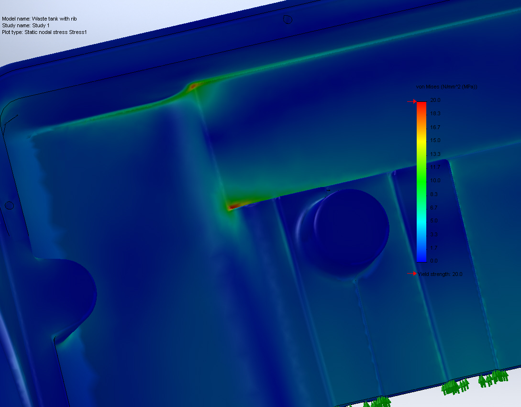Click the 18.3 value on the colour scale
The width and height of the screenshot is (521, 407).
[x=435, y=113]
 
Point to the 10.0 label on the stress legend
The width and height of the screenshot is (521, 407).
[x=435, y=180]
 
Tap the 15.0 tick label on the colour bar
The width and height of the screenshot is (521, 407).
[x=435, y=140]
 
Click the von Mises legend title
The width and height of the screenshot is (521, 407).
[x=446, y=87]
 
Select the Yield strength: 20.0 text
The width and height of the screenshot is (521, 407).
[x=440, y=274]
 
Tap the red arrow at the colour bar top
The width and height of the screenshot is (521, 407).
[x=411, y=101]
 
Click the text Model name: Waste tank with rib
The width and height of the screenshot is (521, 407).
[x=39, y=19]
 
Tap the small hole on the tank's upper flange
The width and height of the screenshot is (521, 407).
[x=288, y=20]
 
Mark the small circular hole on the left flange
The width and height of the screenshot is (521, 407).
[x=9, y=206]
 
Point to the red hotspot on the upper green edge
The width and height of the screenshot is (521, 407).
[x=194, y=87]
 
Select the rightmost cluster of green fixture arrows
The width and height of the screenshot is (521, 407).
[x=494, y=378]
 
